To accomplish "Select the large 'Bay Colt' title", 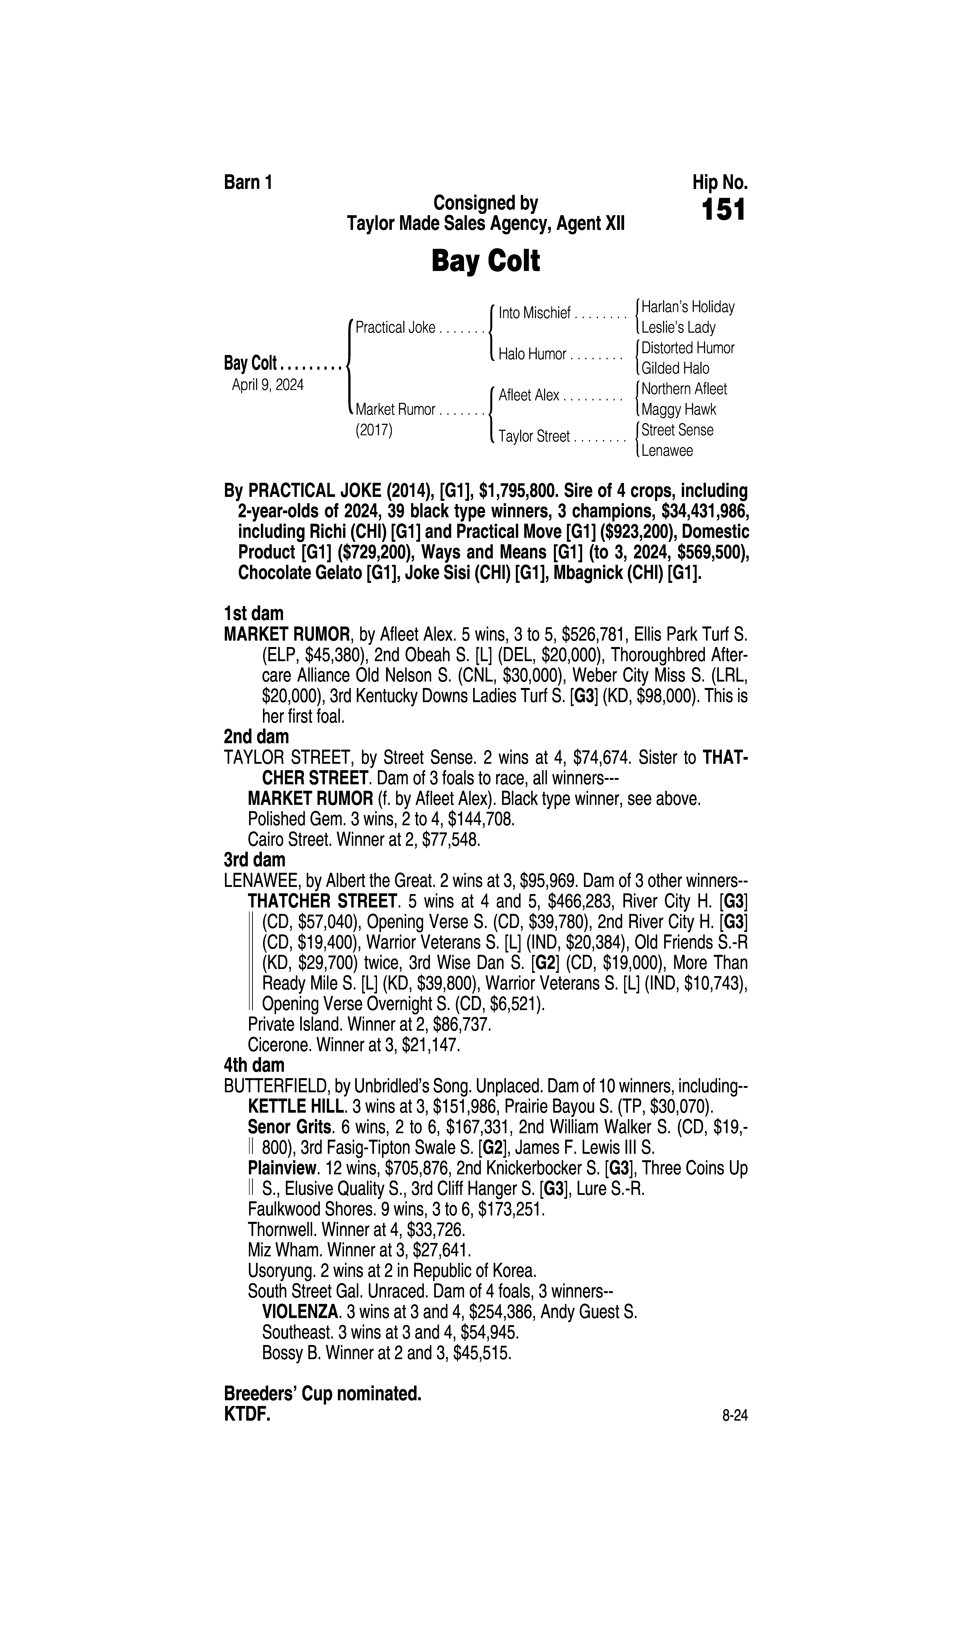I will tap(485, 261).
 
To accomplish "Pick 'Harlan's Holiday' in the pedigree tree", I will tap(688, 307).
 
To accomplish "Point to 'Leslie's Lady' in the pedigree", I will tap(679, 328).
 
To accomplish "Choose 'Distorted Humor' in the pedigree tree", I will tap(688, 348).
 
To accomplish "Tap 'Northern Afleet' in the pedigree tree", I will tap(684, 389).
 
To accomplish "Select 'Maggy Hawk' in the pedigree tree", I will tap(679, 409).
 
